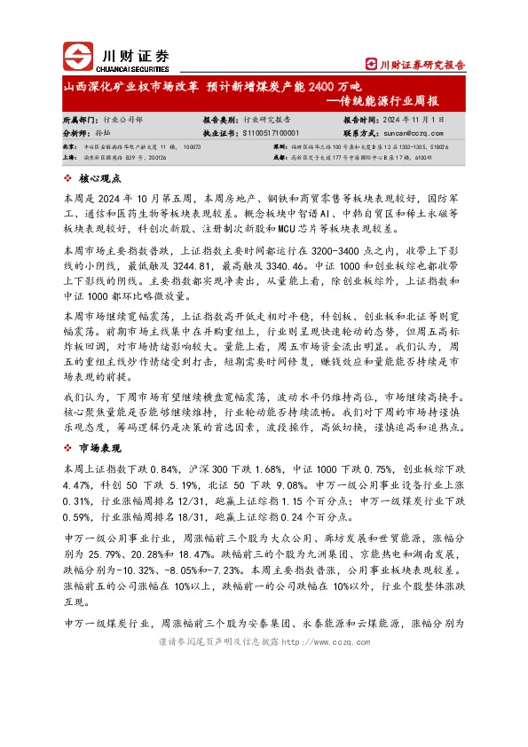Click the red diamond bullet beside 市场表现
(x=69, y=449)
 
